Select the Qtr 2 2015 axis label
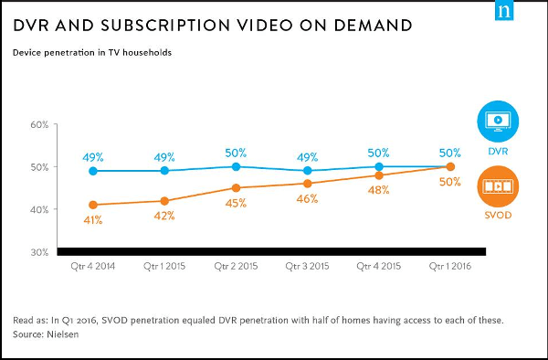[236, 266]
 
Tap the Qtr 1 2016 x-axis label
[450, 266]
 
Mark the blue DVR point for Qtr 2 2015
[236, 166]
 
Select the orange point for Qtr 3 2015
[308, 184]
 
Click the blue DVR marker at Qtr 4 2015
[379, 166]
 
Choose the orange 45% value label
[237, 204]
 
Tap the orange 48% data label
[379, 190]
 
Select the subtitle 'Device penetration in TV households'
[92, 52]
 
